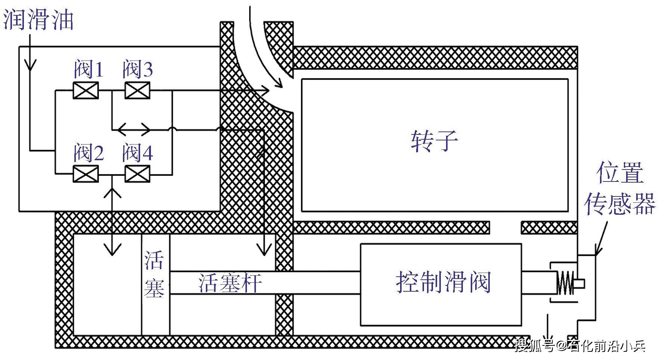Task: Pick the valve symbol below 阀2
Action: coord(86,174)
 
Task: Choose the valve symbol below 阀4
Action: coord(137,174)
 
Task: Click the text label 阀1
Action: coord(89,69)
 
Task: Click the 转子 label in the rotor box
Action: coord(434,141)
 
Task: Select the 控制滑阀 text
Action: coord(443,282)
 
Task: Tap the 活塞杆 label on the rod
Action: coord(230,283)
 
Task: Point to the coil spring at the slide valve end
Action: coord(565,283)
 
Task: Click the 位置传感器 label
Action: coord(620,188)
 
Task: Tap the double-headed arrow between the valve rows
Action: coord(134,130)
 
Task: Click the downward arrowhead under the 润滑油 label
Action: coord(30,66)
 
